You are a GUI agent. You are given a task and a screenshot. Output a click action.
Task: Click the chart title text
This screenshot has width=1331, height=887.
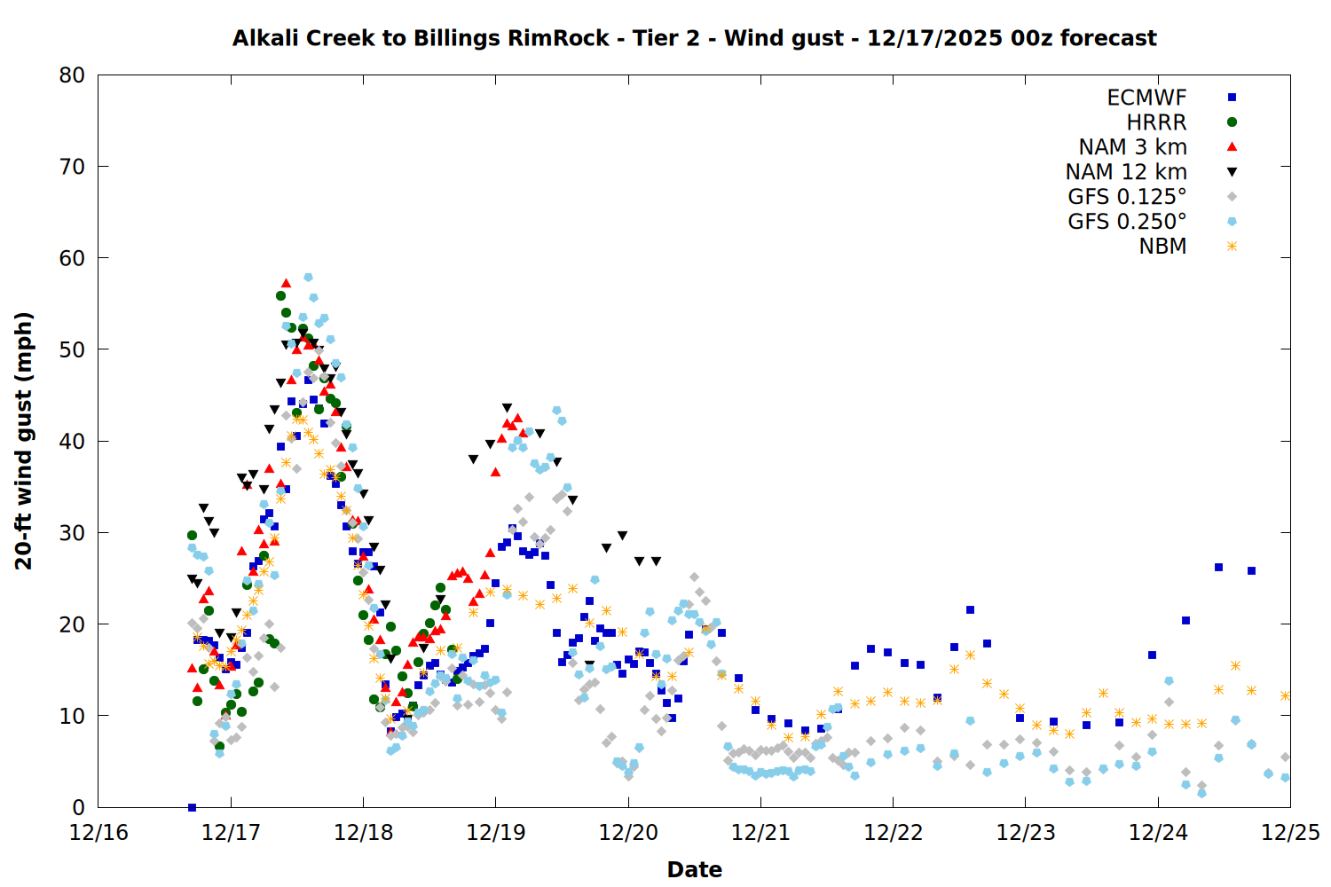tap(694, 38)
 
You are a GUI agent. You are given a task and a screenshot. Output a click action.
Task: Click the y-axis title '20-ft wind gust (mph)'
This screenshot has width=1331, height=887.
tap(24, 441)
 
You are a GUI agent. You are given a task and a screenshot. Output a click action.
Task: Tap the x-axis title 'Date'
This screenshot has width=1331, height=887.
tap(694, 869)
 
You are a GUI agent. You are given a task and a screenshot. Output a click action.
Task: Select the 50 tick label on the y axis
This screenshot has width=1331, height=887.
tap(72, 349)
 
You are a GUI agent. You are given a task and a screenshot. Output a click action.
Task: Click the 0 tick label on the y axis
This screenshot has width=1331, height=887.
tap(78, 807)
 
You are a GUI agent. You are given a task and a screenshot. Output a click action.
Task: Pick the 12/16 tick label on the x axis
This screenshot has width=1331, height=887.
tap(98, 833)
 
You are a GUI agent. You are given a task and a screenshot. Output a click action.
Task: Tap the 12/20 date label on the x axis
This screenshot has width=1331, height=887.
tap(628, 833)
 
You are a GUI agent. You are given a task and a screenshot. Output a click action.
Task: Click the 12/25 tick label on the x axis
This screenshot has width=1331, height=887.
tap(1290, 833)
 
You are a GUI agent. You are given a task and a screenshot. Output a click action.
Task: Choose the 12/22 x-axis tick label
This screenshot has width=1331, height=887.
tap(893, 833)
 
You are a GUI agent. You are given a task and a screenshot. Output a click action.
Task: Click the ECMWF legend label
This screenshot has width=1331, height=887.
tap(1146, 98)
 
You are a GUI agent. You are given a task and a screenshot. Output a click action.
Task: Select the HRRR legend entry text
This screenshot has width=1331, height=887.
tap(1156, 122)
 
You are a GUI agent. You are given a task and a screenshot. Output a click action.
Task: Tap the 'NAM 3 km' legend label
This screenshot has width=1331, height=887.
tap(1132, 147)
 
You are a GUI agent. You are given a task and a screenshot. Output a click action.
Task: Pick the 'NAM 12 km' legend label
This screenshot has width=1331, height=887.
tap(1126, 172)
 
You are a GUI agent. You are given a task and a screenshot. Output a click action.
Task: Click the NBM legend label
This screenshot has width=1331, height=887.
tap(1162, 247)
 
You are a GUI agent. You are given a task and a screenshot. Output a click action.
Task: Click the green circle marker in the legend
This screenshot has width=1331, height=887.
tap(1232, 122)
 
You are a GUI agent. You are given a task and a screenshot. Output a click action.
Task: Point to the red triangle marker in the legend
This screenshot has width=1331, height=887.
tap(1232, 146)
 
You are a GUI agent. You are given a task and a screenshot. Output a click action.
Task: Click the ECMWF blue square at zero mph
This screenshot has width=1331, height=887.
tap(192, 807)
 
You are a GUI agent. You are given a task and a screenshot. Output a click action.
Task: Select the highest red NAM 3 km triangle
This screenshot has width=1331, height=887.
tap(286, 284)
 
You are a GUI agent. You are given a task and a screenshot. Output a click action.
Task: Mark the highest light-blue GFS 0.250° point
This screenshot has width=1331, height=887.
tap(308, 278)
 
